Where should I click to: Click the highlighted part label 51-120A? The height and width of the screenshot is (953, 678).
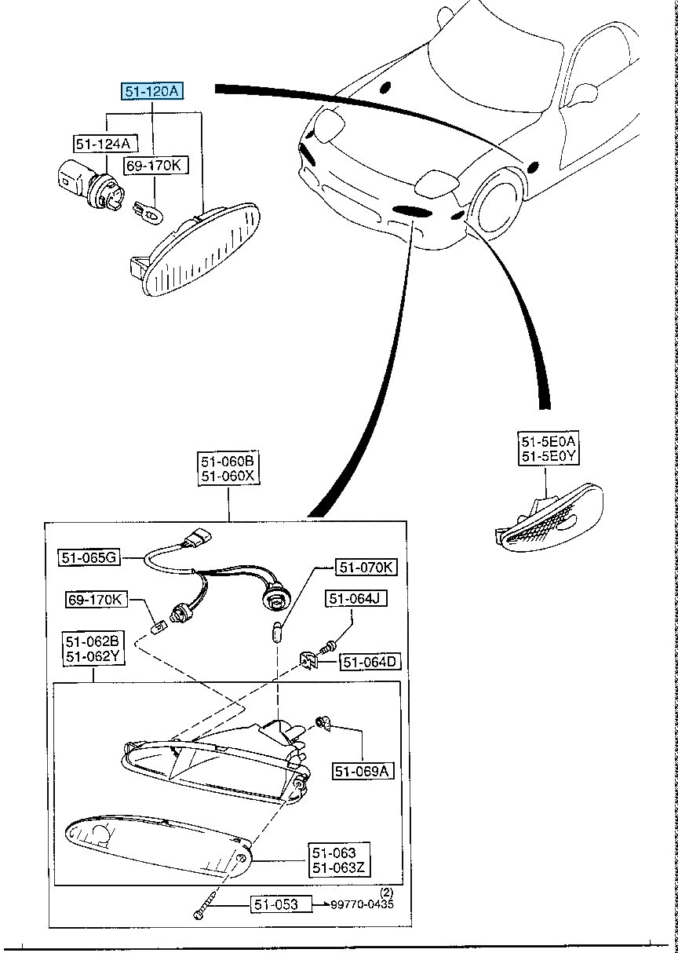(x=151, y=92)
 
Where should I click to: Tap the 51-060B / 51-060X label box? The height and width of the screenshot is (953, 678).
(x=228, y=468)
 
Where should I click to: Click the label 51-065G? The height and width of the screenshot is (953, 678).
(x=89, y=557)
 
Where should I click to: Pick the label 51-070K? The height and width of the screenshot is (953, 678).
(x=366, y=567)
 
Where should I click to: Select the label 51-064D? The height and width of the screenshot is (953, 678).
(x=369, y=663)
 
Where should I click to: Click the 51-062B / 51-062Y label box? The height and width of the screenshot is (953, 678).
(x=91, y=648)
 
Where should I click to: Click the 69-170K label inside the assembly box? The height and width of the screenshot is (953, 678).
(x=94, y=600)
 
